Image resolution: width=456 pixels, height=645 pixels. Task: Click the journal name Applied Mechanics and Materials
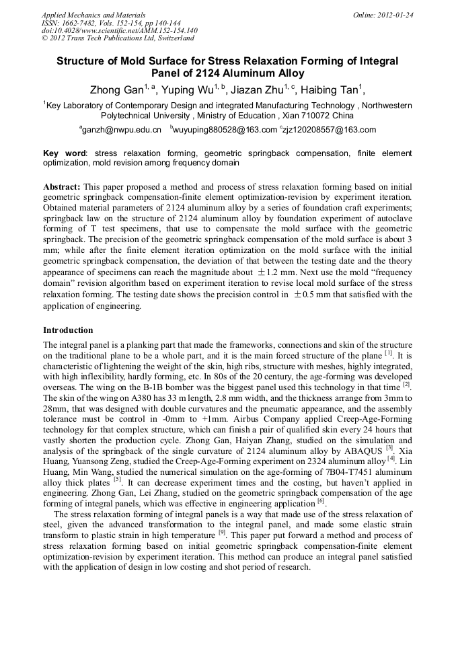pyautogui.click(x=85, y=14)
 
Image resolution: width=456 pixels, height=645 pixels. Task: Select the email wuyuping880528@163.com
pyautogui.click(x=225, y=130)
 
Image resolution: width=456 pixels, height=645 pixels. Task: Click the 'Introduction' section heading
pyautogui.click(x=68, y=330)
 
